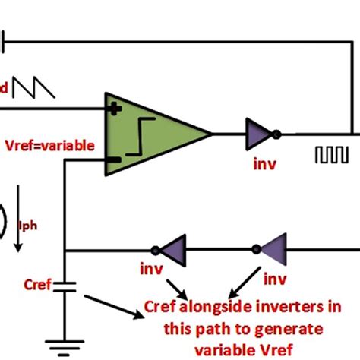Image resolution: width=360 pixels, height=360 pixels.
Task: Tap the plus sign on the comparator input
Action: [115, 109]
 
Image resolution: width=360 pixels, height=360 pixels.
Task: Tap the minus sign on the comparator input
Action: [114, 160]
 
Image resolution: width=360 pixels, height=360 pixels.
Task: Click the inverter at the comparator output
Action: [257, 134]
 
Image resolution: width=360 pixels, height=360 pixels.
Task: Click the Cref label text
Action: [36, 286]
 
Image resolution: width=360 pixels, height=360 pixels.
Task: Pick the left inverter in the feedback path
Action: [172, 249]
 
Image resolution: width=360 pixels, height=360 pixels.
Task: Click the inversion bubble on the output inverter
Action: [278, 134]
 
